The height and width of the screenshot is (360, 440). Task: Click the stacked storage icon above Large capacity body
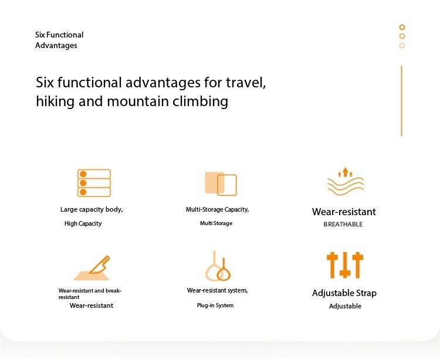point(94,183)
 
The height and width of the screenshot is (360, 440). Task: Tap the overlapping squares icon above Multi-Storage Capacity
point(221,184)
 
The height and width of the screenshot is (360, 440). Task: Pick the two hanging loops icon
point(218,266)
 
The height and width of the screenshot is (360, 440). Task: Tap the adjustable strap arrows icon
point(345,265)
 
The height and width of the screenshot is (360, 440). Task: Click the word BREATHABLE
point(343,225)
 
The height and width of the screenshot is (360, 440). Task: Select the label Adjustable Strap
point(344,293)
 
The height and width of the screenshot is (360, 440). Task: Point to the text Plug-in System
point(215,305)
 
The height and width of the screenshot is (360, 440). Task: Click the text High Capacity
point(83,223)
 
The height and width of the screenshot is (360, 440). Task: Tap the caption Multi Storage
point(216,223)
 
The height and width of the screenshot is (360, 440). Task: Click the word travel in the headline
point(246,83)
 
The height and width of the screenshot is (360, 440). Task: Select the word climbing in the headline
point(200,101)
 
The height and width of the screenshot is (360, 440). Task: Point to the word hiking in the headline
point(55,101)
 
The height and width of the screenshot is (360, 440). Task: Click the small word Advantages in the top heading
point(56,45)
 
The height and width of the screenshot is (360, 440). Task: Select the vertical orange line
point(401,101)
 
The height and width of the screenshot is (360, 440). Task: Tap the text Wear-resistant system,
point(217,290)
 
